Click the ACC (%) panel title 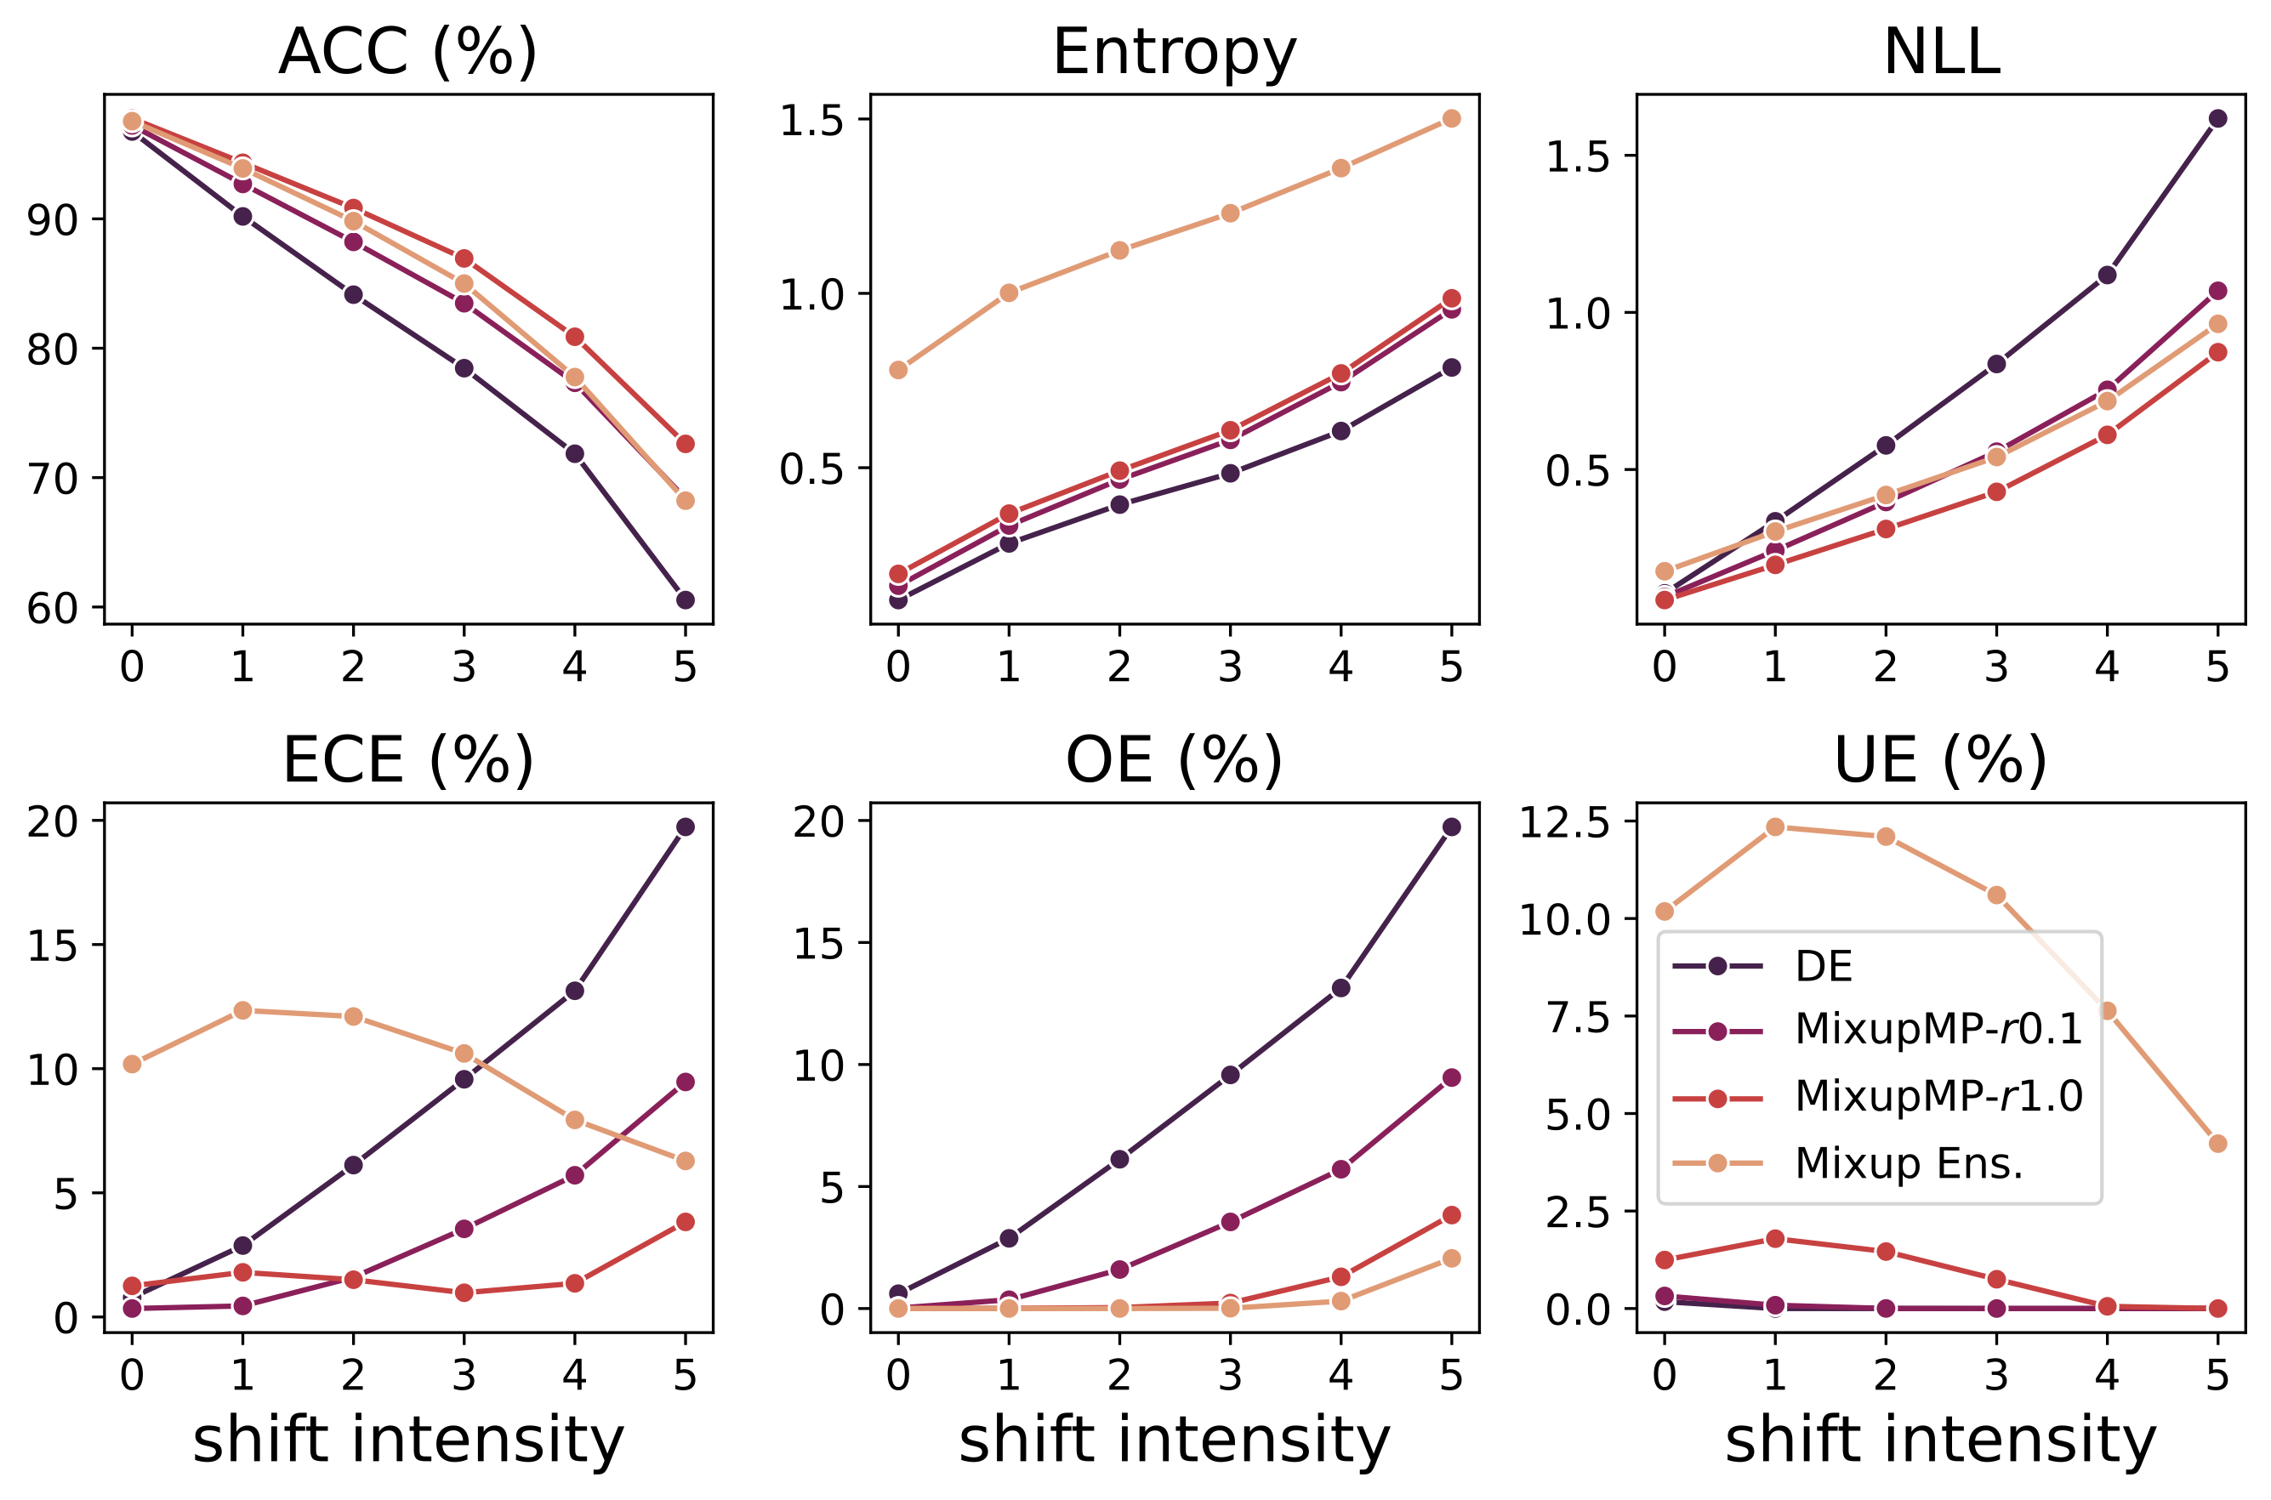pyautogui.click(x=407, y=52)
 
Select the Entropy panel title pyautogui.click(x=1174, y=52)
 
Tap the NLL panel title pyautogui.click(x=1941, y=52)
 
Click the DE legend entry pyautogui.click(x=1824, y=967)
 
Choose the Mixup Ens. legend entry pyautogui.click(x=1909, y=1163)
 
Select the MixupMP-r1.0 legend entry pyautogui.click(x=1938, y=1096)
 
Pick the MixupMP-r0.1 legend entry pyautogui.click(x=1938, y=1029)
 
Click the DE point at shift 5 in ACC pyautogui.click(x=685, y=599)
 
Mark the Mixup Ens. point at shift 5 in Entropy pyautogui.click(x=1451, y=119)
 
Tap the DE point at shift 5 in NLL pyautogui.click(x=2217, y=119)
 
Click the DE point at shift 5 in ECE pyautogui.click(x=685, y=827)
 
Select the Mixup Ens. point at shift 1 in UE pyautogui.click(x=1774, y=827)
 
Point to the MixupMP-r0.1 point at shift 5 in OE pyautogui.click(x=1451, y=1077)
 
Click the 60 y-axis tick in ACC pyautogui.click(x=53, y=609)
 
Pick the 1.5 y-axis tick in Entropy pyautogui.click(x=811, y=121)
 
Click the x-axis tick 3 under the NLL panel pyautogui.click(x=1995, y=667)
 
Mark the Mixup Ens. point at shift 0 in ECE pyautogui.click(x=132, y=1064)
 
